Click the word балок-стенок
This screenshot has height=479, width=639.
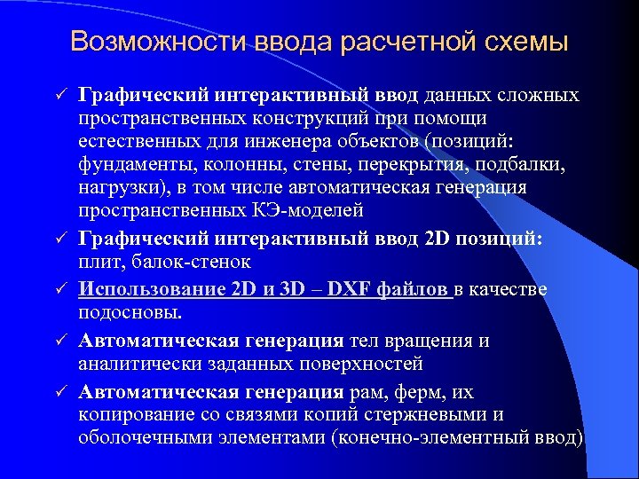pos(192,262)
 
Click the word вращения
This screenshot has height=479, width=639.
pos(425,341)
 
